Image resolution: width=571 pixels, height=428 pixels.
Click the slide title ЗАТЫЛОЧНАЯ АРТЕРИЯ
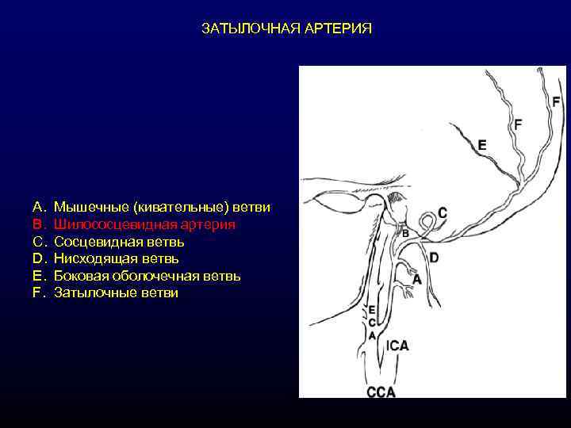pos(285,29)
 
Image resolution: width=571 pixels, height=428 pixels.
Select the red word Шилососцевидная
pos(108,224)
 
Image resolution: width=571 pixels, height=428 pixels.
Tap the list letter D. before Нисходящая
pos(37,258)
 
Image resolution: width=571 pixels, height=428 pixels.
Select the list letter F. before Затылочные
pos(37,292)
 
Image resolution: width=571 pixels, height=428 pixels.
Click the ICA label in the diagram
pos(398,346)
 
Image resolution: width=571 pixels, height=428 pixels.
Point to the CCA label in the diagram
pos(381,392)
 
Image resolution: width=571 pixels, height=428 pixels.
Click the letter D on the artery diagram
pos(434,258)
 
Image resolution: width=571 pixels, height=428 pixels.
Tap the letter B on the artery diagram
pos(404,234)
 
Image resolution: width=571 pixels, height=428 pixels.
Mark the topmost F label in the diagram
pos(555,101)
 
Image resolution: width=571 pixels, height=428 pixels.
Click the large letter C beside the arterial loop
pos(442,212)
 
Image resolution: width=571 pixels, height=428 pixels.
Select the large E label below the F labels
pos(482,145)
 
